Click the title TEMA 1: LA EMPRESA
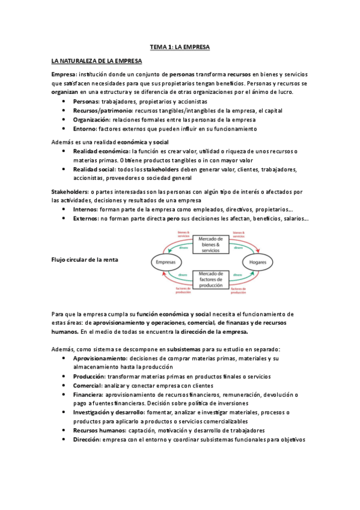[180, 46]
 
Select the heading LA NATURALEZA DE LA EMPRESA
[97, 61]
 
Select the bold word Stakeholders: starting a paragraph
[70, 191]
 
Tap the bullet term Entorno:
[86, 128]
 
